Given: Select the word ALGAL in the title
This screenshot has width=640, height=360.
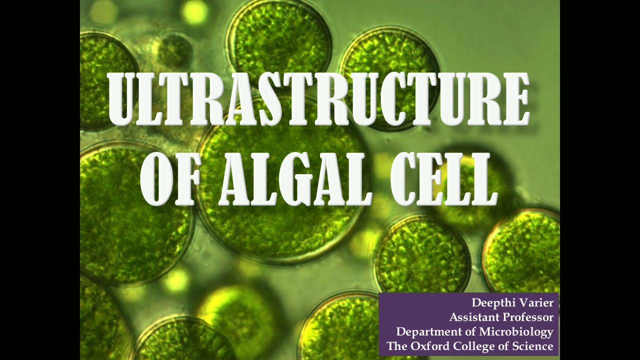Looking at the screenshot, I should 295,178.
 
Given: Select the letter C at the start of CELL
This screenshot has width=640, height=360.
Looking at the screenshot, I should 403,178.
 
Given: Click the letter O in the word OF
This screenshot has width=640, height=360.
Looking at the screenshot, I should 156,178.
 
